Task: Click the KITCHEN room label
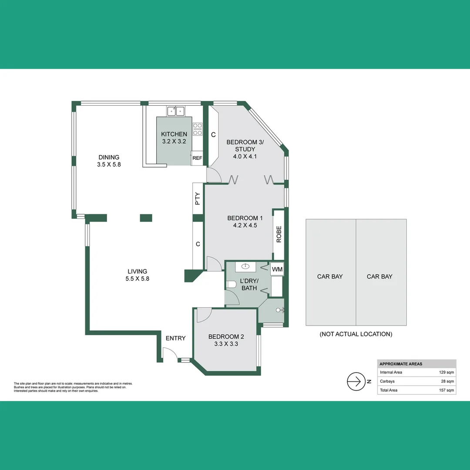coord(174,134)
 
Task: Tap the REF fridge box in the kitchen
coord(197,158)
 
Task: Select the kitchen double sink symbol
coord(176,111)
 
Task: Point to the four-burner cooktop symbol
coord(198,129)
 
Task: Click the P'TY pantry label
coord(198,199)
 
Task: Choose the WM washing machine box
coord(277,269)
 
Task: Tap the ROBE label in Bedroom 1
coord(279,234)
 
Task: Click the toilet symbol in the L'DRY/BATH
coord(231,285)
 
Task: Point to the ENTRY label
coord(175,338)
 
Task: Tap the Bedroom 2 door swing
coord(203,315)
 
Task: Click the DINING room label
coord(109,158)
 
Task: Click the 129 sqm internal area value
coord(446,373)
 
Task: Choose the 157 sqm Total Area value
coord(446,390)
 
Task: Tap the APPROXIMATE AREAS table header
coord(401,364)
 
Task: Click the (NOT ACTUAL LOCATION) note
coord(356,334)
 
